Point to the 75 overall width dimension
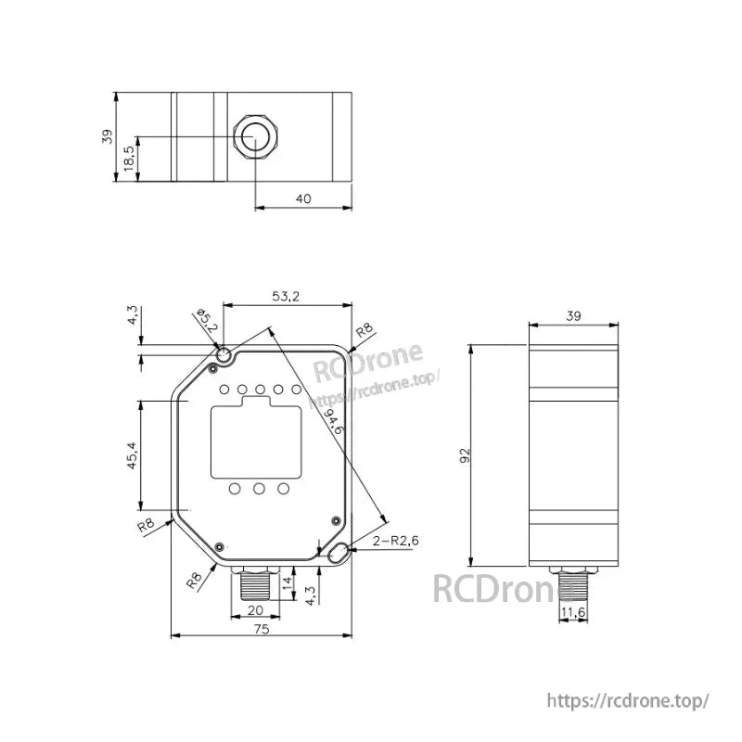click(x=262, y=628)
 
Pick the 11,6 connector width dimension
click(x=573, y=612)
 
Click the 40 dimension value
click(x=303, y=198)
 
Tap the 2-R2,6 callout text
click(x=395, y=541)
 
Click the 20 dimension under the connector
click(x=256, y=609)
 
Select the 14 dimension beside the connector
click(x=287, y=582)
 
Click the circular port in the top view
click(x=254, y=138)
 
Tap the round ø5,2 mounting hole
click(x=224, y=355)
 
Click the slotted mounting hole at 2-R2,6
click(x=338, y=553)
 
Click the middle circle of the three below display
click(x=260, y=488)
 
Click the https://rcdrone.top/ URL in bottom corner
click(x=628, y=700)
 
